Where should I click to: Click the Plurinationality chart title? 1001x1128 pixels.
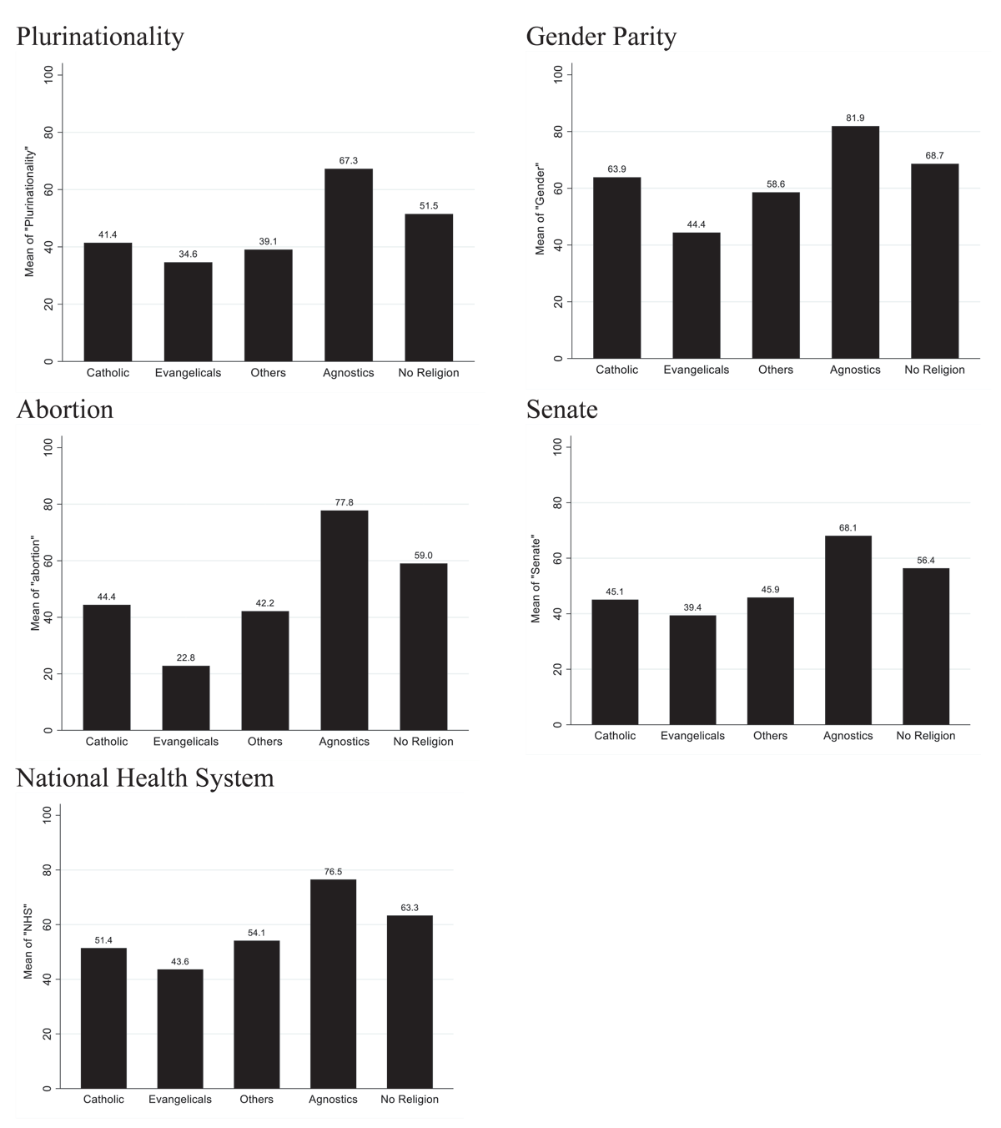(99, 37)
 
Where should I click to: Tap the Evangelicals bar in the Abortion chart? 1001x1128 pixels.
(186, 697)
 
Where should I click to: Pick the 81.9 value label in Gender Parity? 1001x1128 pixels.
(855, 118)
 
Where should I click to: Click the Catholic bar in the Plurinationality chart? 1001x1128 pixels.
(108, 301)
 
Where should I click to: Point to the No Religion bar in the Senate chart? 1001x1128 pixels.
(926, 646)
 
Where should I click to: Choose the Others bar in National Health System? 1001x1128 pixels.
(256, 1014)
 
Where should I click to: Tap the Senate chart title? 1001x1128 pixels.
(561, 410)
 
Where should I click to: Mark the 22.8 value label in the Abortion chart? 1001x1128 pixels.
(186, 657)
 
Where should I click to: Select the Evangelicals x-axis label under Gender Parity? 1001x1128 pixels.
(696, 370)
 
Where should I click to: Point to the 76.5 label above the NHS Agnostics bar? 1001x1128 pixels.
(333, 872)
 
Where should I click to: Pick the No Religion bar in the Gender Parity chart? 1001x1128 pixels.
(934, 261)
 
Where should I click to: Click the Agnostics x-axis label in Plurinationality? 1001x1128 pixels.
(348, 373)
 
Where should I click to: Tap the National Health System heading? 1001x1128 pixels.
(145, 778)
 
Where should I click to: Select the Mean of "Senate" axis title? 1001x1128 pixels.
(536, 580)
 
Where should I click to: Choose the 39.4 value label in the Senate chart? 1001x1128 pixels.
(692, 607)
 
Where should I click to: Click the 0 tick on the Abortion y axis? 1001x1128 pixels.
(48, 730)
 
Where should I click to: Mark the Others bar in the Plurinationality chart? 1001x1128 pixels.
(268, 305)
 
